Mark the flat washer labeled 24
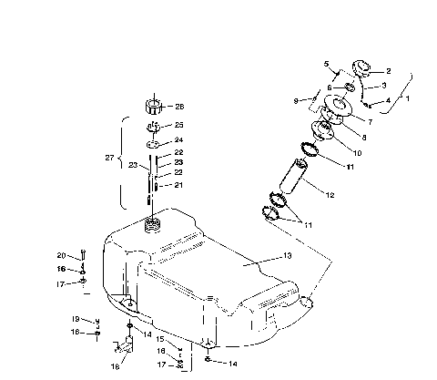coord(154,143)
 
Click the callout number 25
coord(179,125)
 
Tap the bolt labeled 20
coord(82,258)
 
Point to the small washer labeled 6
coord(351,87)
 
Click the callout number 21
coord(178,185)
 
